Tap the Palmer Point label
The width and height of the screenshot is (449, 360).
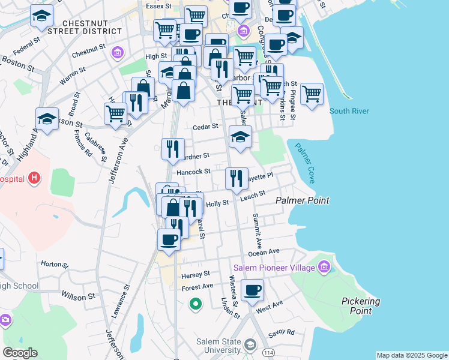(x=302, y=200)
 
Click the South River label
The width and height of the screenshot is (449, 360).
(x=349, y=111)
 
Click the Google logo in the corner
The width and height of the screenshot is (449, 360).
(x=20, y=353)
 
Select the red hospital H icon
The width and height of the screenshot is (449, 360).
(x=35, y=178)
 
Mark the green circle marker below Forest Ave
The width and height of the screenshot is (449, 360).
(x=194, y=304)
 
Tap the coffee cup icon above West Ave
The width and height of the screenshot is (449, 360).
(x=252, y=291)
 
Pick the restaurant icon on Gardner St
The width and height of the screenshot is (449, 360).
(x=173, y=148)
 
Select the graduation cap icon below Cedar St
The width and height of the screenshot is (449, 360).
(x=240, y=137)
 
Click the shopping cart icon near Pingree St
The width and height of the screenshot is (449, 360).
(x=312, y=94)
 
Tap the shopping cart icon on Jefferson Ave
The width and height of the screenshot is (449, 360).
(x=115, y=113)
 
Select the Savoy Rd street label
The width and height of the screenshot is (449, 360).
(x=282, y=332)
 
